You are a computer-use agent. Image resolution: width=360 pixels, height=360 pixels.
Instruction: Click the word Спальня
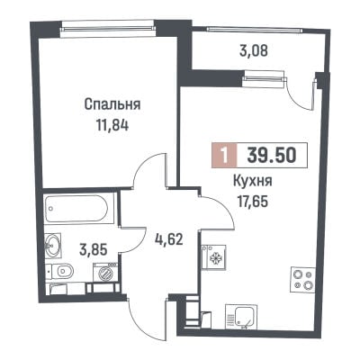(112, 104)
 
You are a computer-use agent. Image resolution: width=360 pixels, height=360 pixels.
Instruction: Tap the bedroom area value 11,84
(112, 125)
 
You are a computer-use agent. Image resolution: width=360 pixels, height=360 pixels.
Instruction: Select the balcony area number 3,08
(254, 51)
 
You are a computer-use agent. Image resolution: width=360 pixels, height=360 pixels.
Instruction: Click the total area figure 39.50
(272, 156)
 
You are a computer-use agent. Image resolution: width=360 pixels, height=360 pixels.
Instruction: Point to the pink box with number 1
(224, 156)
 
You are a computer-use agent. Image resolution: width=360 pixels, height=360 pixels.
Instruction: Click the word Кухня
(253, 181)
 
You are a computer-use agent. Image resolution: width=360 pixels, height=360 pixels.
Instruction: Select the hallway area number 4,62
(169, 239)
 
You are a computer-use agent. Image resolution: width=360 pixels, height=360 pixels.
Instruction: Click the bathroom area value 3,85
(94, 249)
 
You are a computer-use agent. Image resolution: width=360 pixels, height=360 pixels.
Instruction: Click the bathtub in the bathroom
(79, 208)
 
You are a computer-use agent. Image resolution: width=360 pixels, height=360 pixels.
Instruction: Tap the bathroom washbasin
(53, 246)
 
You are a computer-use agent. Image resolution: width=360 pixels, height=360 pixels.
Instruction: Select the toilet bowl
(60, 272)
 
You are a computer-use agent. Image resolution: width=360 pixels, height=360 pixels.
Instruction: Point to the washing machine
(105, 273)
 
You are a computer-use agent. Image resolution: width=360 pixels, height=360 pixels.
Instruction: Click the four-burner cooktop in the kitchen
(303, 279)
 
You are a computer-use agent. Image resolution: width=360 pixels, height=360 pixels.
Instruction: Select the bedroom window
(107, 29)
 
